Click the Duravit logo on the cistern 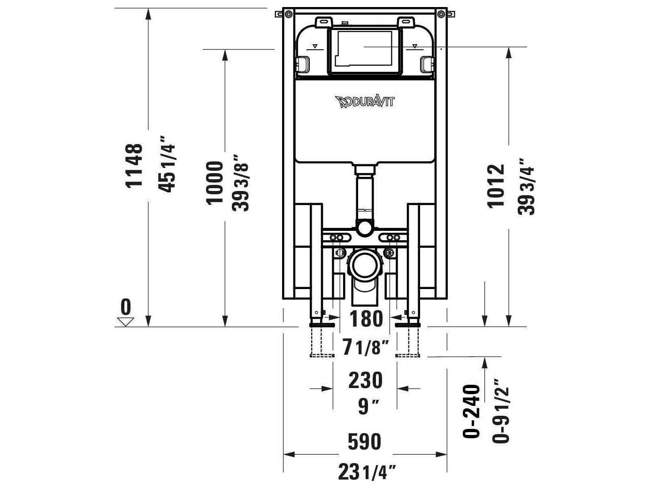365,101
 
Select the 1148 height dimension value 134,165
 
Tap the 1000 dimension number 215,183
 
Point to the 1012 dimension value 496,186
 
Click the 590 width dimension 365,442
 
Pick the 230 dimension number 365,380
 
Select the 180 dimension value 366,319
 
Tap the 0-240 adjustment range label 472,412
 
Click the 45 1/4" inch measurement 168,164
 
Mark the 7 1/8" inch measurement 366,348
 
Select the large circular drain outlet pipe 365,266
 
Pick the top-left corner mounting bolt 287,15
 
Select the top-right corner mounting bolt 441,15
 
